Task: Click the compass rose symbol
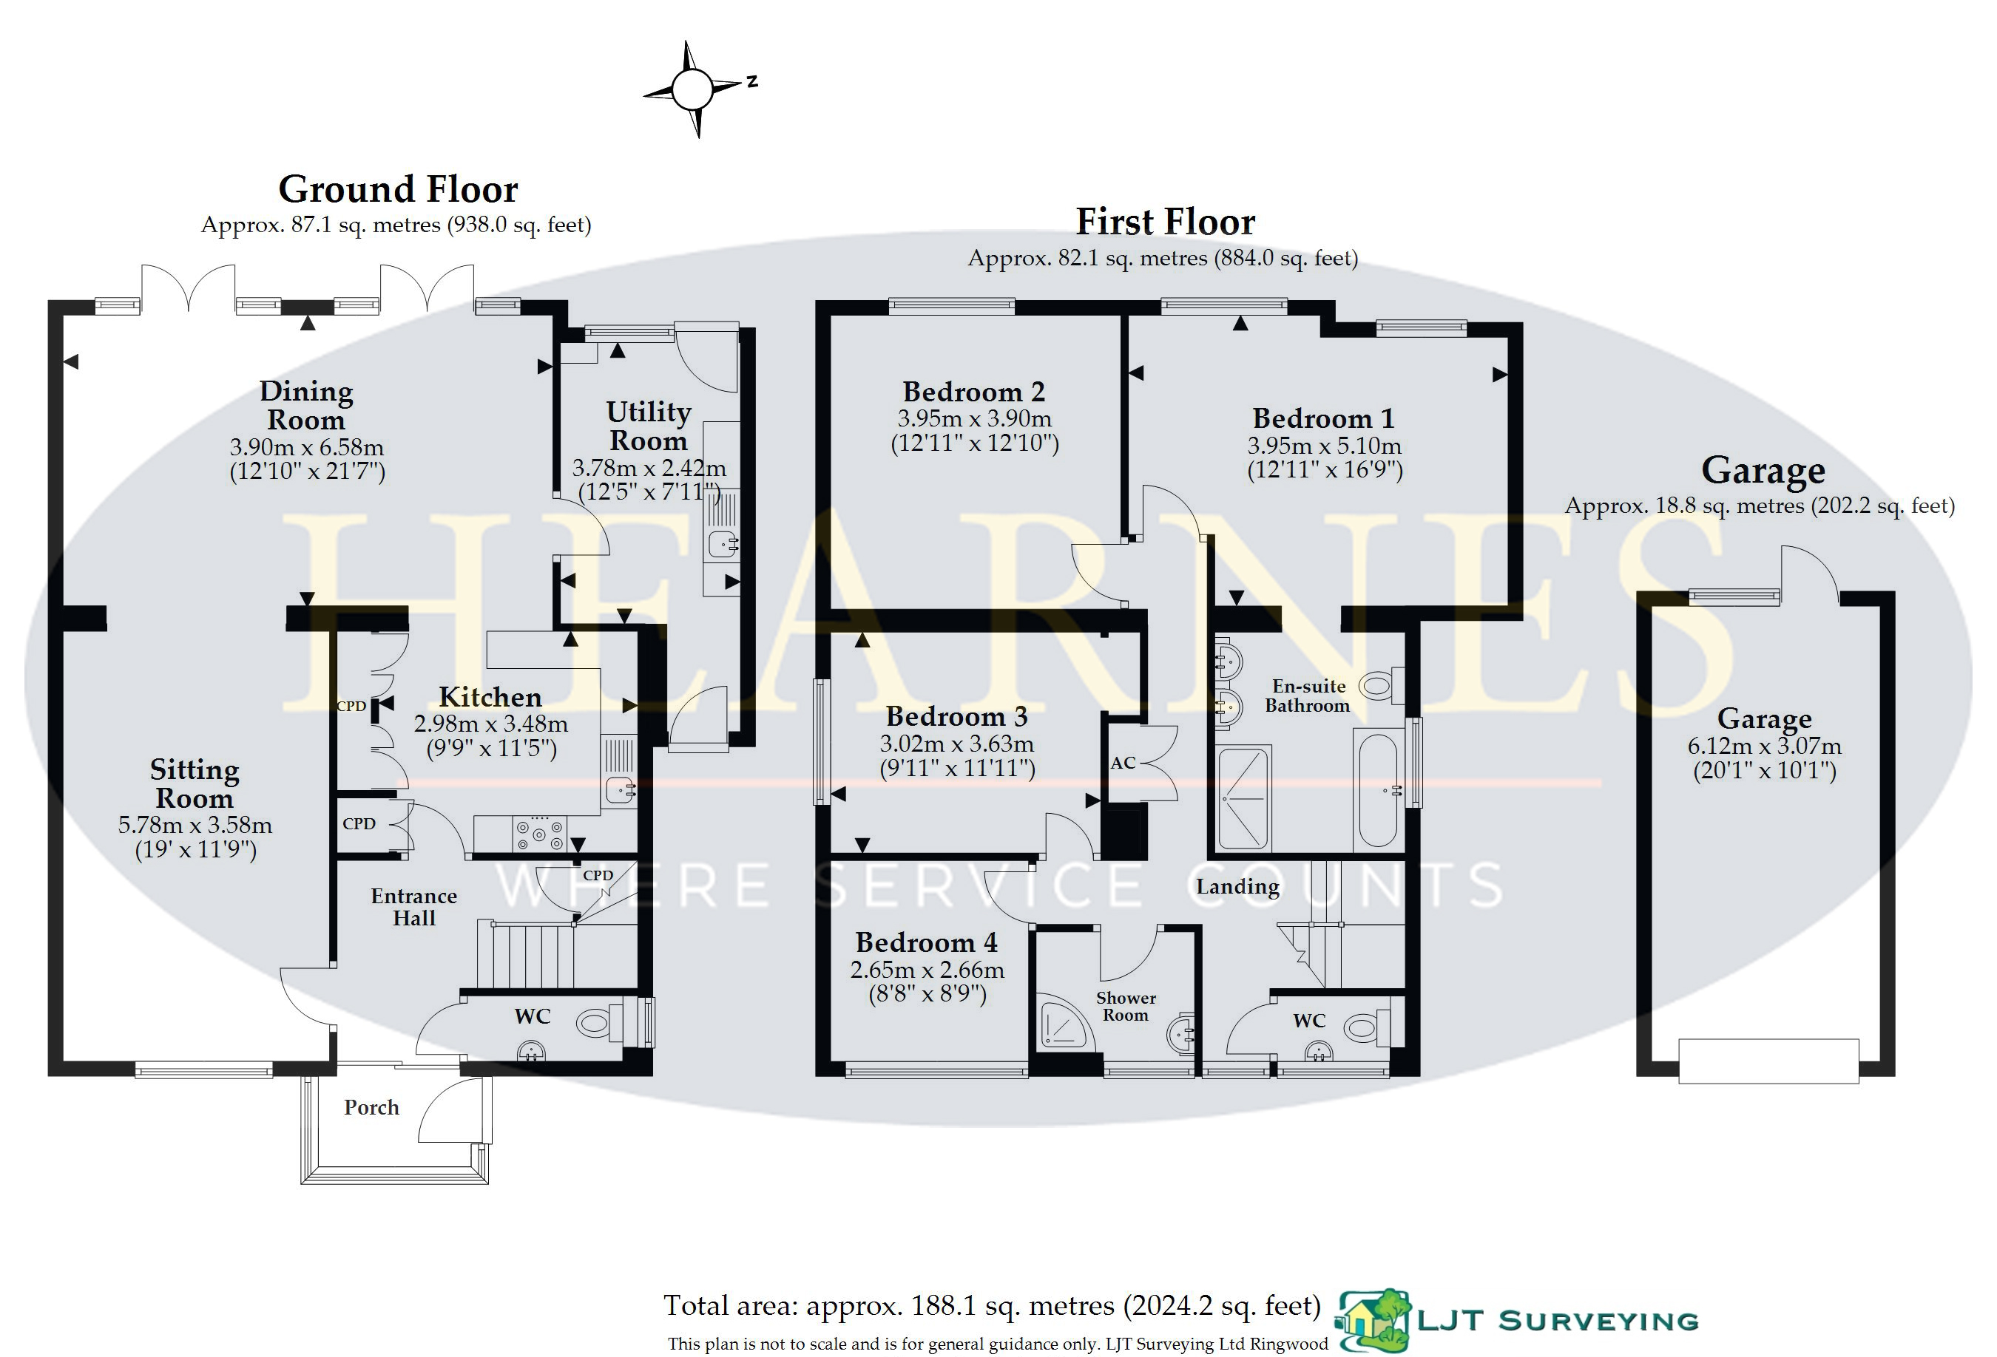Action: point(692,89)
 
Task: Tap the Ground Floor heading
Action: point(398,189)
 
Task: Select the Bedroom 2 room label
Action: point(973,392)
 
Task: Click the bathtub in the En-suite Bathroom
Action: point(1377,790)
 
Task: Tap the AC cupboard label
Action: point(1122,763)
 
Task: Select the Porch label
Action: point(371,1107)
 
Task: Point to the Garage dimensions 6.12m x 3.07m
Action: point(1764,746)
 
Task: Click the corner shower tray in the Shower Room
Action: point(1064,1023)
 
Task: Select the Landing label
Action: point(1237,886)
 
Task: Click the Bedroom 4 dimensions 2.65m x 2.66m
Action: point(927,970)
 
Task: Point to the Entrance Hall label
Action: point(414,907)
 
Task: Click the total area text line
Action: point(992,1305)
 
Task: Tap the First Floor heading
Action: point(1165,222)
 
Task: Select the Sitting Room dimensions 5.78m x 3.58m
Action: point(195,826)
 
